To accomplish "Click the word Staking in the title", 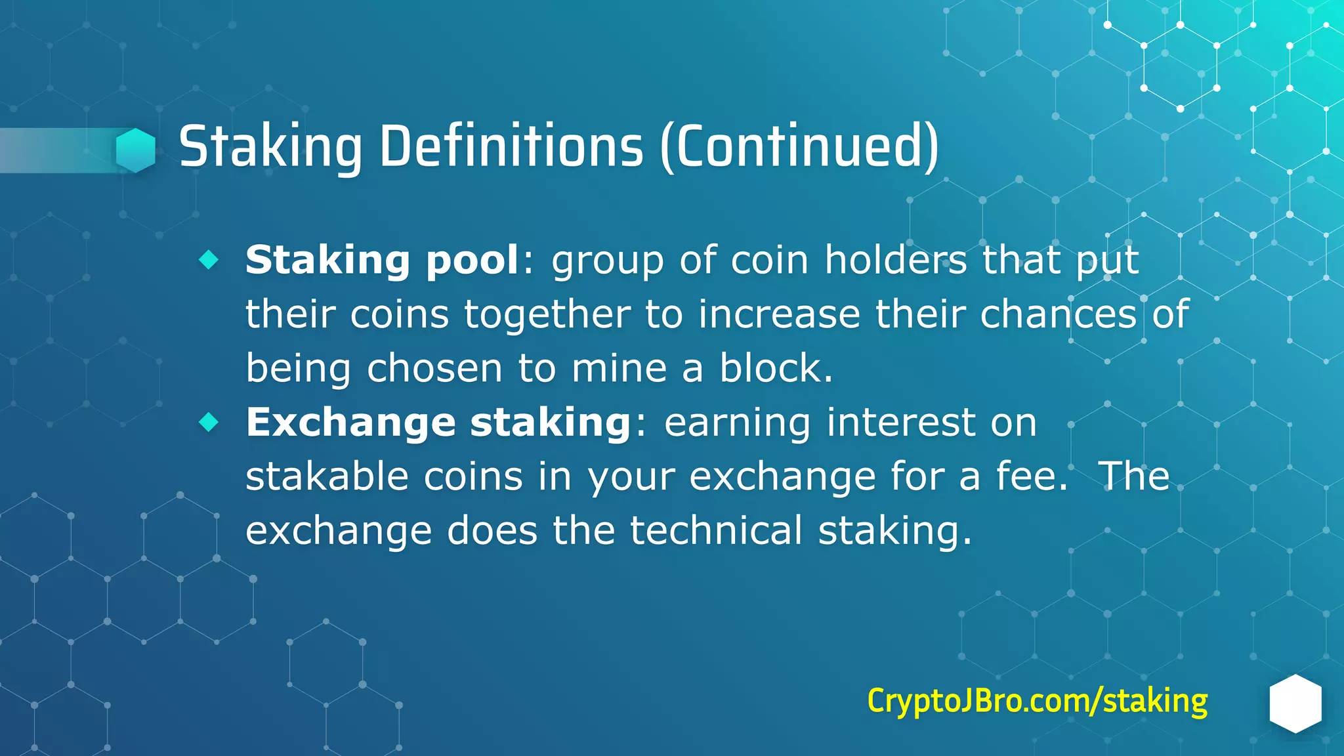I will [270, 147].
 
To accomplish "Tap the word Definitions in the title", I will [511, 147].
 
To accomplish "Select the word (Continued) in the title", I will [799, 147].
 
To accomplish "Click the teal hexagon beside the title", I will [136, 150].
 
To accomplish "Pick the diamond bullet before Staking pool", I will [209, 260].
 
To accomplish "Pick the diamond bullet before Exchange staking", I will [209, 422].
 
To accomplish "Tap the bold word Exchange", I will [350, 423].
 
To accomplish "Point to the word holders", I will [895, 260].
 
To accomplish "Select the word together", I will [547, 314].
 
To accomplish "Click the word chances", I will [1058, 314].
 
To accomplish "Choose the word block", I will [776, 368].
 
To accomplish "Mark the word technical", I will [716, 530].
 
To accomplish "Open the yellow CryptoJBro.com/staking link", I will [1037, 701].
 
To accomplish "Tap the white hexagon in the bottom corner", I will [1295, 703].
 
